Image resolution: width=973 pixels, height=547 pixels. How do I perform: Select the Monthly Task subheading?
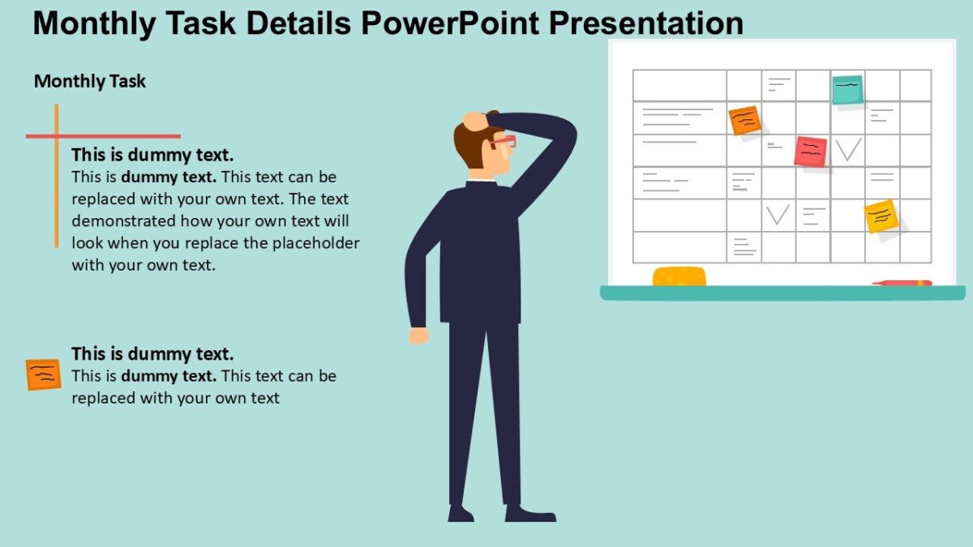click(x=90, y=81)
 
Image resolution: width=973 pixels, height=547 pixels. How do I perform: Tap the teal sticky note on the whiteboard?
click(x=847, y=89)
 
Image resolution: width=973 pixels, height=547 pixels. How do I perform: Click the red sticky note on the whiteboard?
click(x=810, y=151)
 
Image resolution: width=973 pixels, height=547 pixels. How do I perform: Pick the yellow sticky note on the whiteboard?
click(x=881, y=216)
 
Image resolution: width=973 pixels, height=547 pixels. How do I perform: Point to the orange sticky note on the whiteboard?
click(x=744, y=121)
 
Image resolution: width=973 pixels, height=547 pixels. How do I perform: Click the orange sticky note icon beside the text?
click(x=43, y=374)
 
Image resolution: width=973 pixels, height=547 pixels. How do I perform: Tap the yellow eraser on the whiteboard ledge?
click(x=679, y=276)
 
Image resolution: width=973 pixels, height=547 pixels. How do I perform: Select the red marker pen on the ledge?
click(x=902, y=283)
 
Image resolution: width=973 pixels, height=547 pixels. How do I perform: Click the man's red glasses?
click(x=504, y=143)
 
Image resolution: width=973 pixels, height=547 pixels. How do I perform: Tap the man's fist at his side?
click(x=418, y=334)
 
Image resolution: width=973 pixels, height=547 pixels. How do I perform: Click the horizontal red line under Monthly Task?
click(x=103, y=136)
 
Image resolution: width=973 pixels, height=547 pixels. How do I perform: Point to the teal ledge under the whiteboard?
click(x=782, y=293)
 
